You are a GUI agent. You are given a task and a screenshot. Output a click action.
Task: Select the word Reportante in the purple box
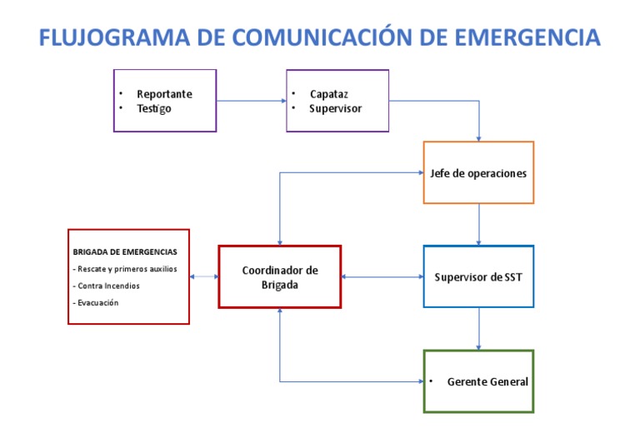tap(164, 94)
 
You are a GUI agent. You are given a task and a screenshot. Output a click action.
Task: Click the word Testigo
tap(154, 109)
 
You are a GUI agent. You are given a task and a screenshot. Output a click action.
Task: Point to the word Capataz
tap(329, 94)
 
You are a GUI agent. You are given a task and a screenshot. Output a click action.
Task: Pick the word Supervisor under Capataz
tap(335, 109)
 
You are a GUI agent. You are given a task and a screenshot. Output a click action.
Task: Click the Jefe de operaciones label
tap(478, 173)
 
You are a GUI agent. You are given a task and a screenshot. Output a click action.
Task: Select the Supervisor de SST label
tap(478, 276)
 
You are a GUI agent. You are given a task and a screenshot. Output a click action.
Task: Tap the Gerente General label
tap(487, 381)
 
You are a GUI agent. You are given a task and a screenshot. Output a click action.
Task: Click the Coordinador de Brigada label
tap(280, 277)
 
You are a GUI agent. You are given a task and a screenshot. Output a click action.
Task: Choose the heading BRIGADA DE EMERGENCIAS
tap(125, 251)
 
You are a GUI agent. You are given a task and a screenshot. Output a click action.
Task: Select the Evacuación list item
tap(96, 302)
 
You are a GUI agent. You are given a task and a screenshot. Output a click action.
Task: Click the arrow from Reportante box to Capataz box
tap(251, 101)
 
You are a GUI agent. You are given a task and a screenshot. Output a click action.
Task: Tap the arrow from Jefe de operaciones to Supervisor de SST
tap(478, 224)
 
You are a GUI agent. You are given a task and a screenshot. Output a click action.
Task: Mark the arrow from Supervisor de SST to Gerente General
tap(478, 328)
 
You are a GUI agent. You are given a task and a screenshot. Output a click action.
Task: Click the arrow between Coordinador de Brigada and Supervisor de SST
tap(382, 276)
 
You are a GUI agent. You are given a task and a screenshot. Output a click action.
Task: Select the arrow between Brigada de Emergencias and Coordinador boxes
tap(204, 276)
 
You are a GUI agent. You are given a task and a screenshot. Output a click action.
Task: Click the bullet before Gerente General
tap(432, 381)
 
